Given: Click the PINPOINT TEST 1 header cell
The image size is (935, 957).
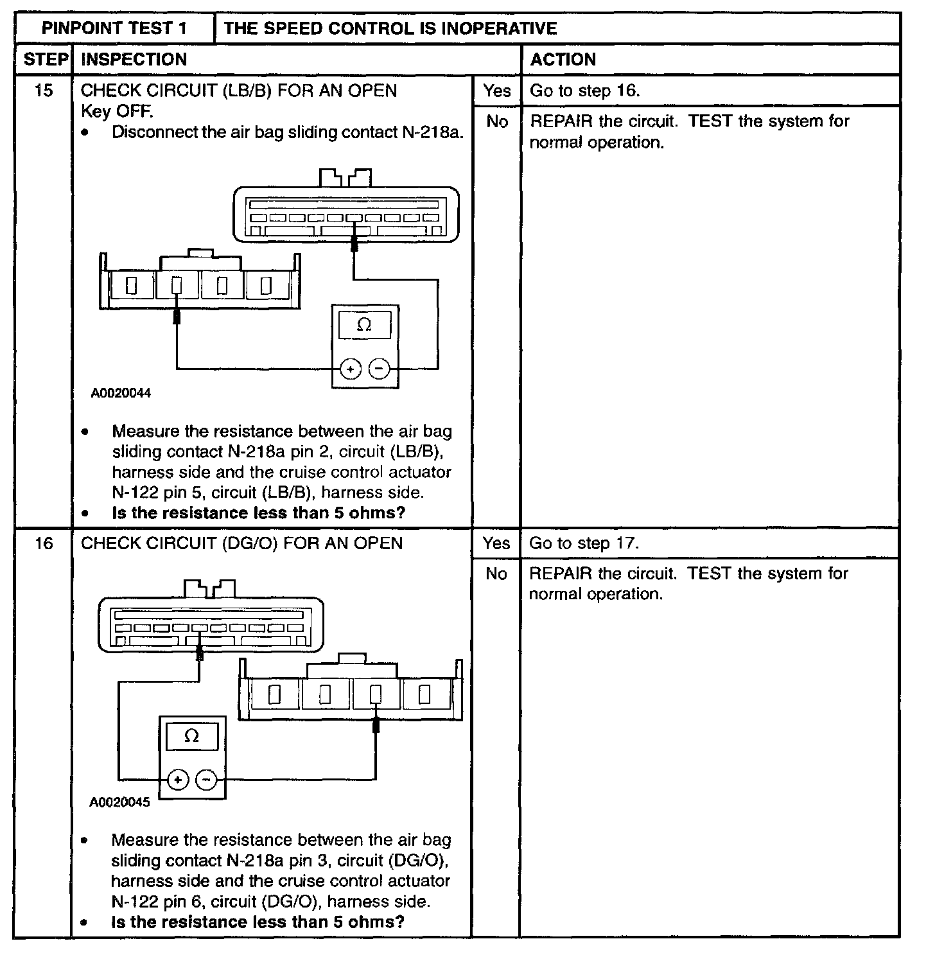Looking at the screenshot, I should pyautogui.click(x=114, y=28).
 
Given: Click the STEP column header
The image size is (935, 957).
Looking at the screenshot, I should pyautogui.click(x=45, y=60).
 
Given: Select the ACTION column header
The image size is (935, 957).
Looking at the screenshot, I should pyautogui.click(x=563, y=60).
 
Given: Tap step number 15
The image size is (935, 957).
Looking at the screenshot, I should pyautogui.click(x=43, y=91).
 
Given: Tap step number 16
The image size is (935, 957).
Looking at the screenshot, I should pyautogui.click(x=43, y=543).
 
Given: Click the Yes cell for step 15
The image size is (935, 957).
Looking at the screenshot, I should pyautogui.click(x=496, y=91).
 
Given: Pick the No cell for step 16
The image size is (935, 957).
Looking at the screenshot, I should pyautogui.click(x=496, y=574).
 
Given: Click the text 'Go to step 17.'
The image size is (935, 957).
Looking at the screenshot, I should pyautogui.click(x=584, y=543).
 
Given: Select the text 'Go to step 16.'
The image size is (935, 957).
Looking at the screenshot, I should pyautogui.click(x=584, y=91).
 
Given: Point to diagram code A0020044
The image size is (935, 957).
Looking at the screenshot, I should pyautogui.click(x=121, y=393).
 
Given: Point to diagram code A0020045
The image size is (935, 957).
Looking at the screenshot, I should pyautogui.click(x=119, y=802).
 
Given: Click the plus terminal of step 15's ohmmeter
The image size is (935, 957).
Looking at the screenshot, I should pyautogui.click(x=350, y=369).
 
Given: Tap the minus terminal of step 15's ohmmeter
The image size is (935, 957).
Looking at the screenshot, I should pyautogui.click(x=380, y=369).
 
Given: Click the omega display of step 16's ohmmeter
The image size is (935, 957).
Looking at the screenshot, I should pyautogui.click(x=191, y=736).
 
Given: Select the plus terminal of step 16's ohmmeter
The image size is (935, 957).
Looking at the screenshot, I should pyautogui.click(x=178, y=780).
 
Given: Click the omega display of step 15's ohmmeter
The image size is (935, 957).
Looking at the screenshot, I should pyautogui.click(x=364, y=325).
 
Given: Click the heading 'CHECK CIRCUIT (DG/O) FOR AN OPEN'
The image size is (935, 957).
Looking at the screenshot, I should pyautogui.click(x=241, y=543).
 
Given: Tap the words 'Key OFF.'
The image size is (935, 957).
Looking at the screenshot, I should pyautogui.click(x=117, y=111).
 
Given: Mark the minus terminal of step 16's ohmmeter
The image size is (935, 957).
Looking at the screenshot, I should pyautogui.click(x=207, y=780).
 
